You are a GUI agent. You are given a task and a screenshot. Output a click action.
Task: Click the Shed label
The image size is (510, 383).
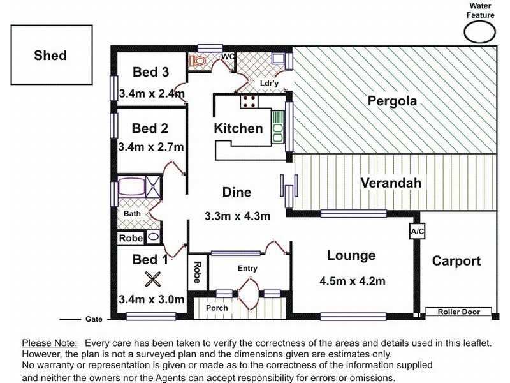tap(50, 56)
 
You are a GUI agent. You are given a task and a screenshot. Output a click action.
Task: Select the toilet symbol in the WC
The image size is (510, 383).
tap(197, 61)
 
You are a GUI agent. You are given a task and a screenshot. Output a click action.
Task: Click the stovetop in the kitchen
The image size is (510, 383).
tap(249, 101)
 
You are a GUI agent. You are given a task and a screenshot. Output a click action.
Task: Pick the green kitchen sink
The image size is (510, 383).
tap(278, 126)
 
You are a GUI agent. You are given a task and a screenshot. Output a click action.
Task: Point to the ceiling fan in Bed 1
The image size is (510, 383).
tap(152, 280)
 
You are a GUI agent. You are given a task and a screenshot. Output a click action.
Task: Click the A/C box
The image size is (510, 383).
tap(418, 232)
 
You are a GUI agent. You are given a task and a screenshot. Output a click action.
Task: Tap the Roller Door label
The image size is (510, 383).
tap(458, 312)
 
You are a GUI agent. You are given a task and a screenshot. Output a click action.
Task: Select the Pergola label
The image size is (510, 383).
tap(392, 101)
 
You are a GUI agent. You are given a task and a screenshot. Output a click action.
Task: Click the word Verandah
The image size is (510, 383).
tap(391, 183)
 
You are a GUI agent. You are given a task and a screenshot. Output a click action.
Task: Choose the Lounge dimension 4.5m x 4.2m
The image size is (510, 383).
tap(353, 281)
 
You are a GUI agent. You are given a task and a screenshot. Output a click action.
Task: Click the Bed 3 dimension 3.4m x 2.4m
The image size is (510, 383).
tap(152, 94)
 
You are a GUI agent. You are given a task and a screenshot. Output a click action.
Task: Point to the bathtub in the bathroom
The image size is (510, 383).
tap(131, 186)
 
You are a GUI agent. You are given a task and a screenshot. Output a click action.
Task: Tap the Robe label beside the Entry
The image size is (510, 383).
tap(197, 273)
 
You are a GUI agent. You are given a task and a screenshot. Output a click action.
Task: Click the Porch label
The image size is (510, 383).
tap(217, 308)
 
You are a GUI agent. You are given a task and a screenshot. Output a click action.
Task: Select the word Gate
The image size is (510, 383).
tap(94, 319)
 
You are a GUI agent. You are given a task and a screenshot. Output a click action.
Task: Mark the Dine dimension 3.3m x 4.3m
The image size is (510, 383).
tap(237, 216)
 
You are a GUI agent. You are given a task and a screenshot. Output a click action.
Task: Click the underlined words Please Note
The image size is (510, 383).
tap(50, 343)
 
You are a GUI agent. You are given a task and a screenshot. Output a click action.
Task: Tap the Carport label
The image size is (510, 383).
tap(456, 261)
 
